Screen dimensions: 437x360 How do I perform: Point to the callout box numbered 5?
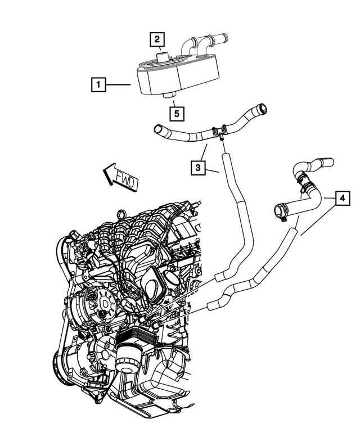tap(177, 113)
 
